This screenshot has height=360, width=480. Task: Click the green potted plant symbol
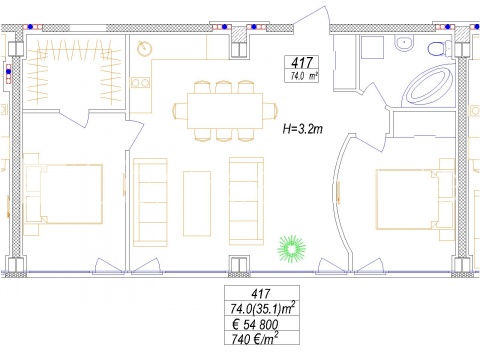click(x=292, y=248)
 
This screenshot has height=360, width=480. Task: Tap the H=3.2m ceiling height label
click(x=303, y=129)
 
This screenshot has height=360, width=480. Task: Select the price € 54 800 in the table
click(x=256, y=324)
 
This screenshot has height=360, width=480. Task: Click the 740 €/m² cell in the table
click(x=256, y=339)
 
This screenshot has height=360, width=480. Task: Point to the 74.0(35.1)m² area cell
click(x=263, y=309)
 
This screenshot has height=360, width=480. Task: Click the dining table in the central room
click(x=225, y=111)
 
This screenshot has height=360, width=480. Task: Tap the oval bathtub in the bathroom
click(x=427, y=86)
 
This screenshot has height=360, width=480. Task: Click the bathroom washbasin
click(x=404, y=43)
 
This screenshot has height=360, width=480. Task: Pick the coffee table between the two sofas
click(x=197, y=204)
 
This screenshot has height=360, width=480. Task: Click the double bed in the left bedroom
click(x=64, y=194)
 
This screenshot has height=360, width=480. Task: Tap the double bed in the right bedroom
click(x=415, y=200)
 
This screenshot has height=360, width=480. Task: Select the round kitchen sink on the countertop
click(x=145, y=49)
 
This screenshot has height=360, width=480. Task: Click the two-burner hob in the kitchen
click(x=140, y=82)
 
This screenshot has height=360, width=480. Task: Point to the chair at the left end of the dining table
click(x=180, y=111)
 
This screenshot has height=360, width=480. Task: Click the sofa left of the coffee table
click(x=150, y=202)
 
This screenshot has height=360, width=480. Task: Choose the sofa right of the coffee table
click(x=246, y=201)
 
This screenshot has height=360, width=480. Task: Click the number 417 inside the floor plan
click(x=302, y=63)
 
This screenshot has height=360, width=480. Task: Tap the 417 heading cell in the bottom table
click(x=261, y=294)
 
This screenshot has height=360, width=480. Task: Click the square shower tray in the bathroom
click(x=372, y=48)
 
